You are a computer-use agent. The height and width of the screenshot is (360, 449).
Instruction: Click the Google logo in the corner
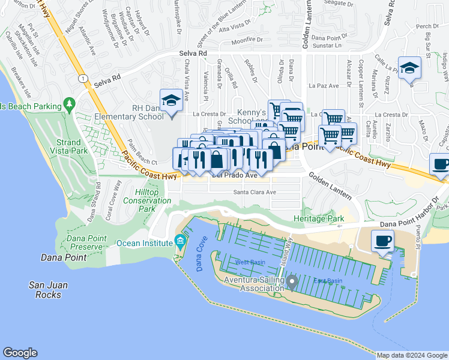click(x=20, y=353)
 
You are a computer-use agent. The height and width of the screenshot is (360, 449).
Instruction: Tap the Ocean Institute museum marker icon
click(x=179, y=242)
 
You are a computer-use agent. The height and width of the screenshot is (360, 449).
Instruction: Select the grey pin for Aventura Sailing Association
click(x=292, y=281)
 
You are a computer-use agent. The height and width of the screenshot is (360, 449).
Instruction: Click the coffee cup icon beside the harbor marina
click(x=383, y=242)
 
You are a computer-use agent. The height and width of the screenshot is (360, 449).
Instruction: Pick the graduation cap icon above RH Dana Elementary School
click(x=171, y=100)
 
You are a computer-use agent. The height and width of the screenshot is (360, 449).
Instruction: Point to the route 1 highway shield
click(x=82, y=79)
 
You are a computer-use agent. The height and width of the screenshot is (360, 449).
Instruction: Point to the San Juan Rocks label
click(x=47, y=290)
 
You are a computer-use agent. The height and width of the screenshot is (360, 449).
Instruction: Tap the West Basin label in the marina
click(x=250, y=262)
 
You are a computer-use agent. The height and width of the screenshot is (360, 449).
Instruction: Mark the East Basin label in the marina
click(x=328, y=281)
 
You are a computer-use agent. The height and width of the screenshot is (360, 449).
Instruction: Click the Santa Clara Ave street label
click(x=255, y=193)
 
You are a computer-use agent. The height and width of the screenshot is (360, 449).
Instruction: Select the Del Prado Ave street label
click(x=235, y=176)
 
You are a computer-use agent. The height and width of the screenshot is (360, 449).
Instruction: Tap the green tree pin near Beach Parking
click(x=70, y=105)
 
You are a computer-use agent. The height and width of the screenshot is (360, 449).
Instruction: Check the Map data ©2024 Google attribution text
click(x=411, y=355)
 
